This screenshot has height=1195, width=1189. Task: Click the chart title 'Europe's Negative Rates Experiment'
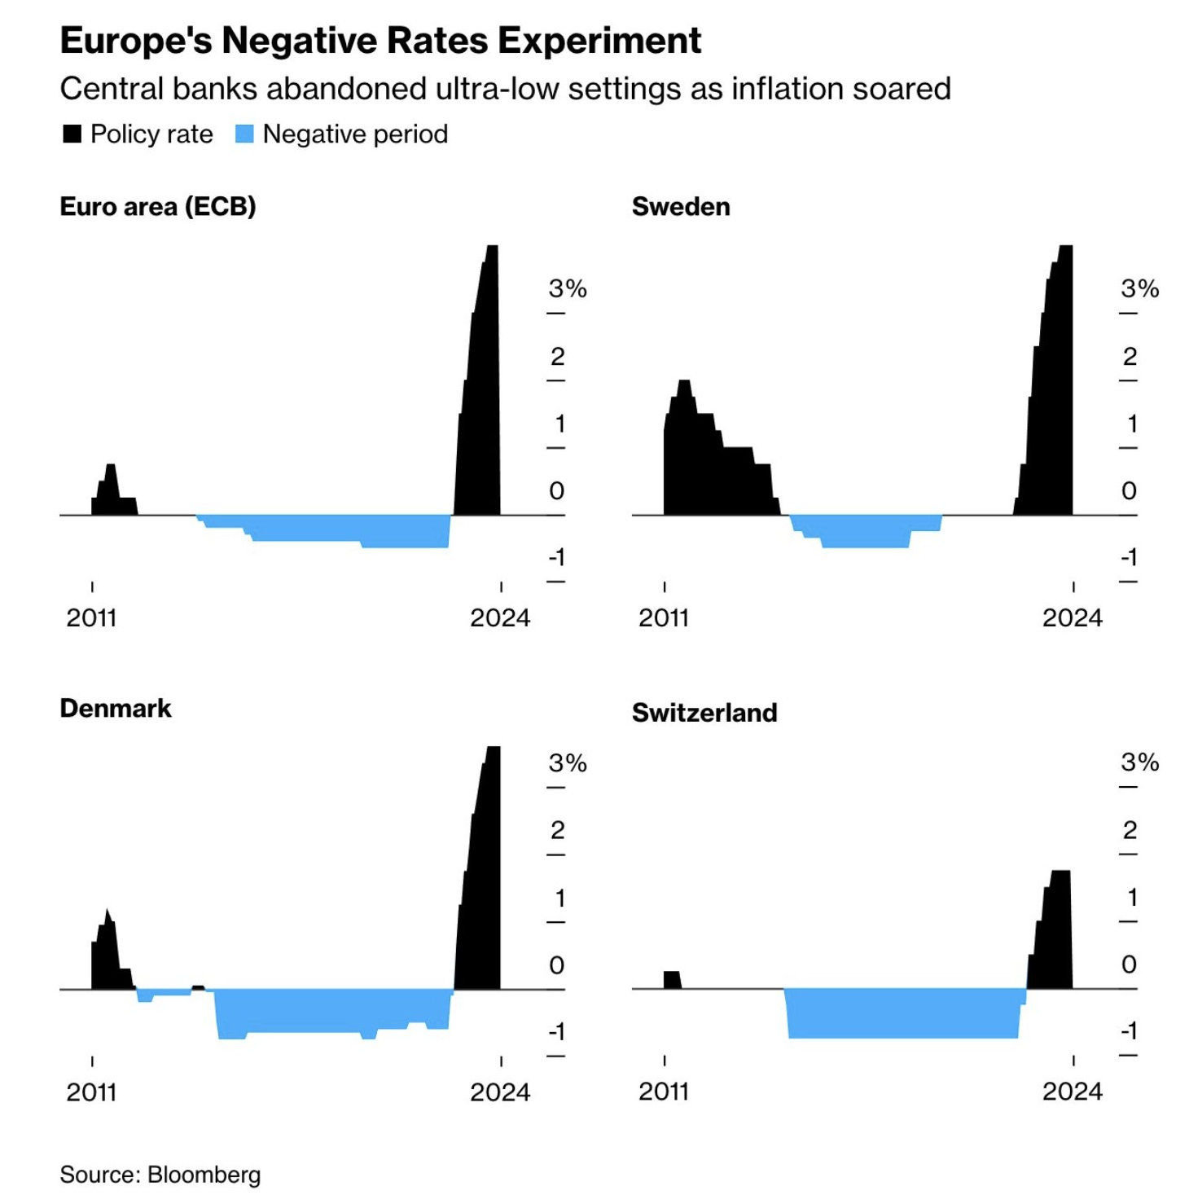click(380, 41)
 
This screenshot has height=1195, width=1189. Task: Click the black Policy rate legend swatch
click(72, 134)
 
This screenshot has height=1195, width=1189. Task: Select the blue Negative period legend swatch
click(244, 134)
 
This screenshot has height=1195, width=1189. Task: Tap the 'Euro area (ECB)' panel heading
click(158, 207)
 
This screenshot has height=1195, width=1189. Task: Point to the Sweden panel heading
click(681, 207)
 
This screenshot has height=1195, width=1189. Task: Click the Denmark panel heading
click(116, 709)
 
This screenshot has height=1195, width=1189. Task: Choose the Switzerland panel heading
click(704, 713)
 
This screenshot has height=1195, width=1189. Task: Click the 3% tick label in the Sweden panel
click(1139, 288)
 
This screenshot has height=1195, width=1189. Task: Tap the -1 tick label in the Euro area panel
click(557, 558)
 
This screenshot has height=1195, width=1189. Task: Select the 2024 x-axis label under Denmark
click(500, 1092)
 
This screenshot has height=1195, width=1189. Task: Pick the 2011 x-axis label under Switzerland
click(664, 1092)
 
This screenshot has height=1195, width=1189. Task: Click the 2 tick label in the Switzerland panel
click(1130, 830)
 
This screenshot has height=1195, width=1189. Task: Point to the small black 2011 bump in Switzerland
click(672, 980)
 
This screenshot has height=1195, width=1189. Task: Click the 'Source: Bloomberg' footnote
click(160, 1175)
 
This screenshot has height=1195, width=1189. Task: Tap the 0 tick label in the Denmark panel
click(557, 965)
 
